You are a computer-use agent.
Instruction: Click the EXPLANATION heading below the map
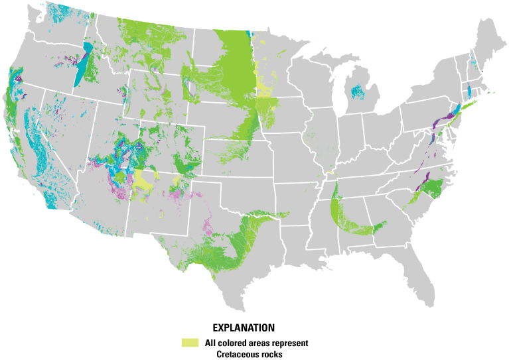point(243,328)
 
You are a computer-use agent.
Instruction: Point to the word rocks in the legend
point(272,354)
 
